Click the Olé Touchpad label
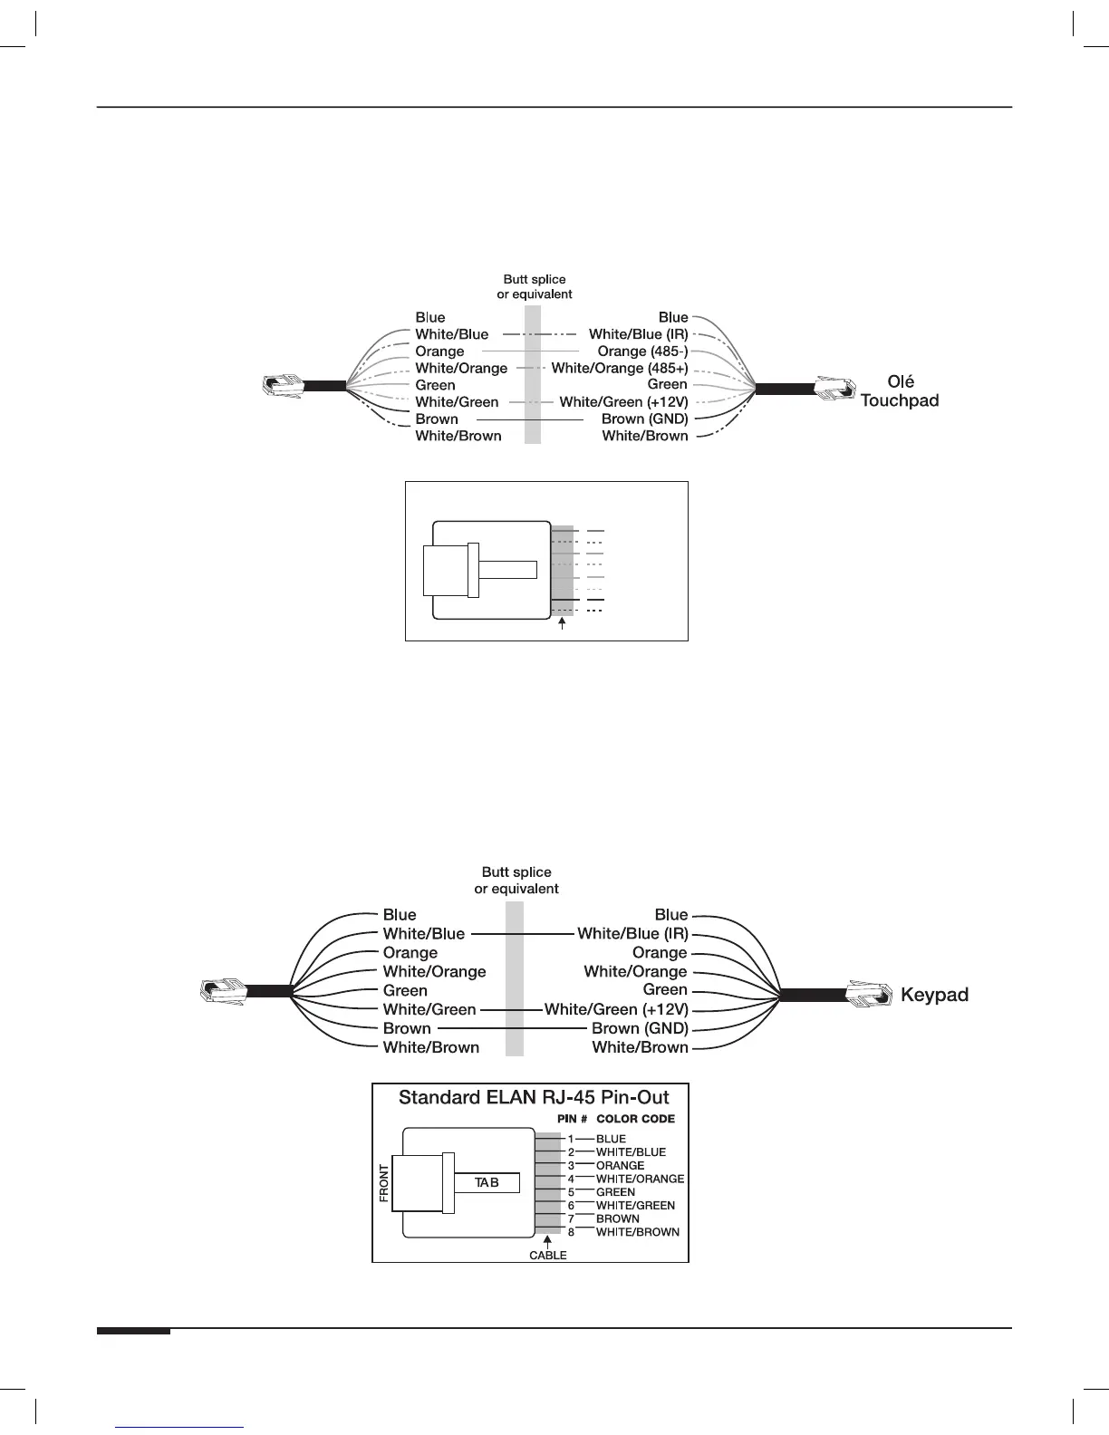pyautogui.click(x=899, y=391)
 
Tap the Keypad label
pyautogui.click(x=934, y=995)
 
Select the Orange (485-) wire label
pyautogui.click(x=642, y=352)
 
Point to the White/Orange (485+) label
pyautogui.click(x=619, y=368)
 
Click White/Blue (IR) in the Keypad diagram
pyautogui.click(x=632, y=933)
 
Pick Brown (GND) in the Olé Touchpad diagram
pyautogui.click(x=644, y=419)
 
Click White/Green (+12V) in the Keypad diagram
pyautogui.click(x=616, y=1009)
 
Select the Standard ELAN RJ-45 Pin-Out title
pyautogui.click(x=534, y=1098)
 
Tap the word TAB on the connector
pyautogui.click(x=487, y=1182)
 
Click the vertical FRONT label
pyautogui.click(x=384, y=1183)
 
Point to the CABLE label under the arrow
pyautogui.click(x=548, y=1255)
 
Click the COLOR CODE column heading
pyautogui.click(x=635, y=1119)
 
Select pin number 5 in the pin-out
pyautogui.click(x=571, y=1192)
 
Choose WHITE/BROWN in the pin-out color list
pyautogui.click(x=637, y=1232)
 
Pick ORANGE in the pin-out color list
pyautogui.click(x=620, y=1166)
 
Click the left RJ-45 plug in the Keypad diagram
pyautogui.click(x=223, y=991)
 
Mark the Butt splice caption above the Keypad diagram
pyautogui.click(x=516, y=881)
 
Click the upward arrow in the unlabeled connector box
pyautogui.click(x=564, y=625)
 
